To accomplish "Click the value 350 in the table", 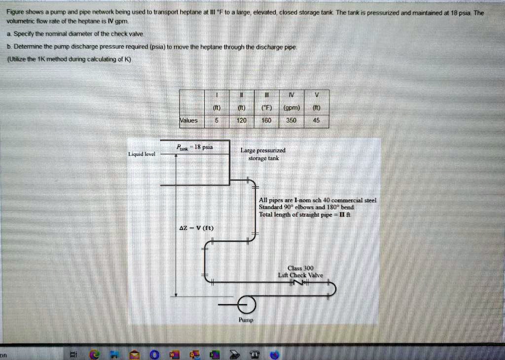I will (291, 120).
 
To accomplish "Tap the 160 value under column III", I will (266, 120).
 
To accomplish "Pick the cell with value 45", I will (317, 120).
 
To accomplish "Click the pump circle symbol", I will (246, 306).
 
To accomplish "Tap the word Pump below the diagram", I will (246, 320).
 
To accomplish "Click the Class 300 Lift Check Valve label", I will (301, 272).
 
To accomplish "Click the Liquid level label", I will (142, 154).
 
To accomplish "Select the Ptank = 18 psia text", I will (195, 147).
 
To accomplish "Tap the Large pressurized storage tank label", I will (263, 154).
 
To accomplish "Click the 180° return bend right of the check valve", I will (333, 289).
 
